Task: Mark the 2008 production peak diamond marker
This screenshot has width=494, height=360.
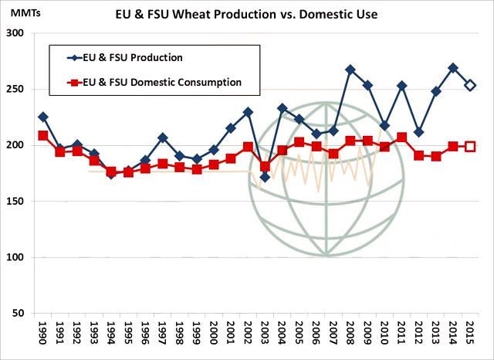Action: click(350, 70)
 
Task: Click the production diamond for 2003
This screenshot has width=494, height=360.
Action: click(265, 177)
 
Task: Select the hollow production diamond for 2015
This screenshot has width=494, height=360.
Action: click(469, 85)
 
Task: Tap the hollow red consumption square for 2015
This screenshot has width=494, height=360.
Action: click(469, 146)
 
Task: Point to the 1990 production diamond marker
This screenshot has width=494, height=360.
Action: click(43, 117)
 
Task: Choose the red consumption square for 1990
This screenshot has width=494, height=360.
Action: click(43, 135)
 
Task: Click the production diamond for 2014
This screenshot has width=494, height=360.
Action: click(452, 68)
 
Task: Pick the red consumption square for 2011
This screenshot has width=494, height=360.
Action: click(401, 138)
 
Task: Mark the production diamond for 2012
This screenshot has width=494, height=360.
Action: click(418, 132)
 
